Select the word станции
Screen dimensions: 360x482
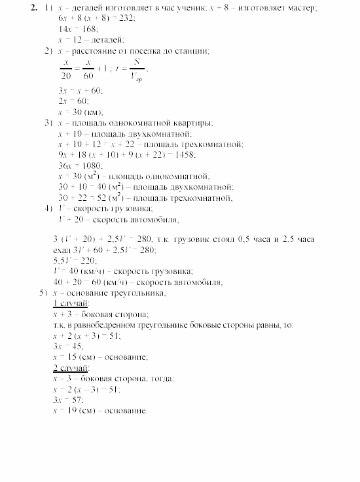tap(194, 51)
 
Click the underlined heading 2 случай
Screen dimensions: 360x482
tap(71, 368)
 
